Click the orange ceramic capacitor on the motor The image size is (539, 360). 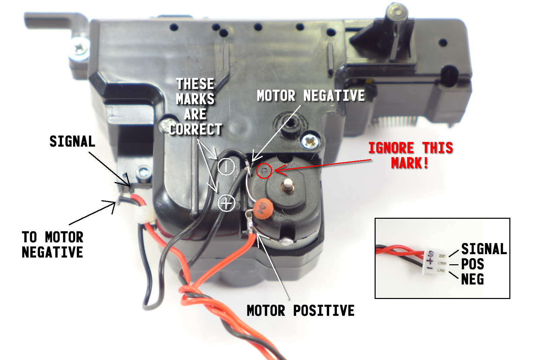coord(263,209)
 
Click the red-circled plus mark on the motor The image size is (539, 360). coord(264,171)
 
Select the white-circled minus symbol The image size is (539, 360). coord(226,167)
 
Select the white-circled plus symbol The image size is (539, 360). coord(226,203)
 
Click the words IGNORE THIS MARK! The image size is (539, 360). coord(411,155)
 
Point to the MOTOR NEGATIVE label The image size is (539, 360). coord(311,96)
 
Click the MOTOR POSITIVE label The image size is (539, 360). coord(300,310)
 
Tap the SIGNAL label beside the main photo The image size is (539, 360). coord(72,141)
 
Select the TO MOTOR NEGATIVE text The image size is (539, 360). coord(53,244)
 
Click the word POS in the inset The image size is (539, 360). coord(472,264)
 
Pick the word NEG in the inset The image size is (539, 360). coord(472,279)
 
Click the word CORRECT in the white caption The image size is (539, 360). coord(195,129)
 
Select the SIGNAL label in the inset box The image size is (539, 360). coord(484,249)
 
